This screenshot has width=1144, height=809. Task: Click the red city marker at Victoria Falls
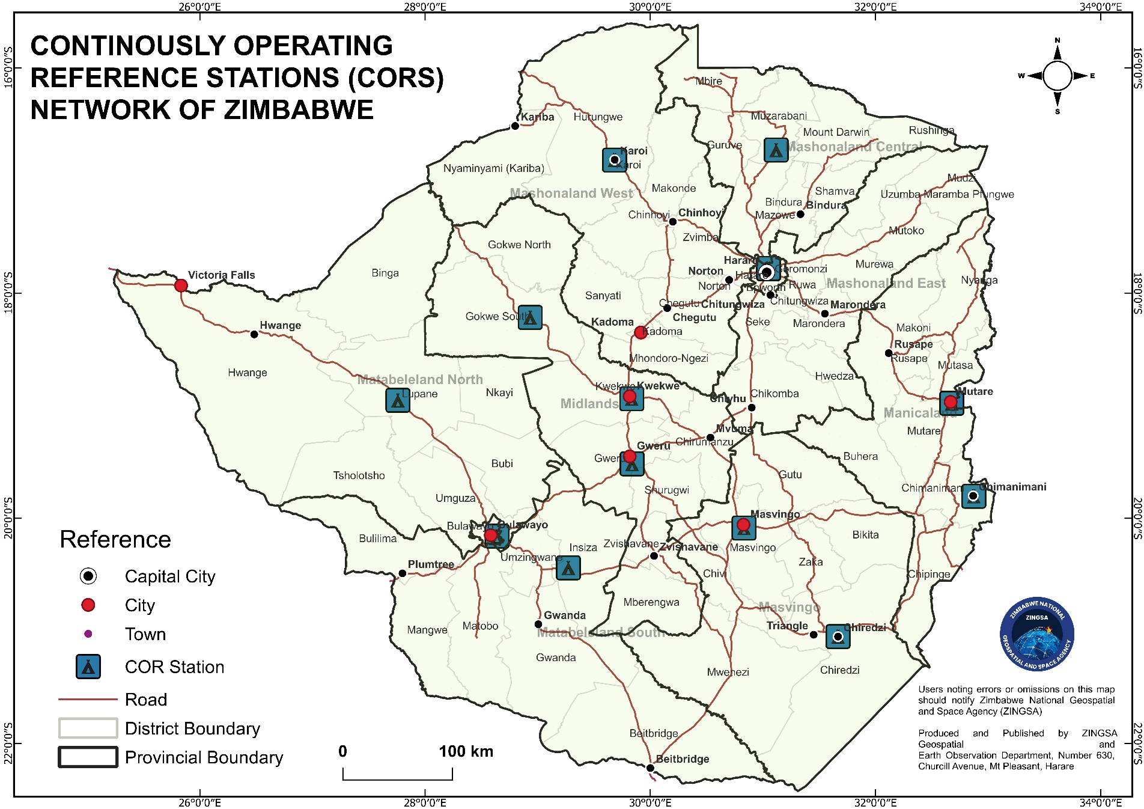click(x=181, y=285)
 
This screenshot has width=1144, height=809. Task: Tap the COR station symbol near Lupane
click(x=398, y=400)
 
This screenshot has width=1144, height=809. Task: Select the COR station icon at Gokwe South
click(x=530, y=317)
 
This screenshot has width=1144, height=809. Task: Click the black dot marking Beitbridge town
click(x=650, y=768)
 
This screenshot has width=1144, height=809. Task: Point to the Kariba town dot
click(x=515, y=126)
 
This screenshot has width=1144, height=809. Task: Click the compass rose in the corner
click(x=1057, y=76)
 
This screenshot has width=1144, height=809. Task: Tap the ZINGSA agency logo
click(x=1036, y=635)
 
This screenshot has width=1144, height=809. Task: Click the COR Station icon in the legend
click(x=88, y=667)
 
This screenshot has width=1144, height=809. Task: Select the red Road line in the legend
click(x=88, y=700)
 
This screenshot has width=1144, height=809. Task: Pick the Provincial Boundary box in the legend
click(x=88, y=757)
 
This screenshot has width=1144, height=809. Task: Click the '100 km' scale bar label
click(x=466, y=751)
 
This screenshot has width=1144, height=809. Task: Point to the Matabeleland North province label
click(x=420, y=380)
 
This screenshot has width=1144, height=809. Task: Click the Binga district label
click(x=385, y=273)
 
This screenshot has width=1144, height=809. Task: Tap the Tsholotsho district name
click(x=359, y=475)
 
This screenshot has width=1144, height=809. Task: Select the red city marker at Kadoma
click(x=641, y=332)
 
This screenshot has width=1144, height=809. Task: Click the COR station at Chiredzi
click(x=838, y=637)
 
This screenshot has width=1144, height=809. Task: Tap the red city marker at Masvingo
click(x=743, y=525)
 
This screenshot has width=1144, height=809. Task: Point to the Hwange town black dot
click(x=254, y=334)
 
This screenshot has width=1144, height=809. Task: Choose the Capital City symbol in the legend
click(x=88, y=576)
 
